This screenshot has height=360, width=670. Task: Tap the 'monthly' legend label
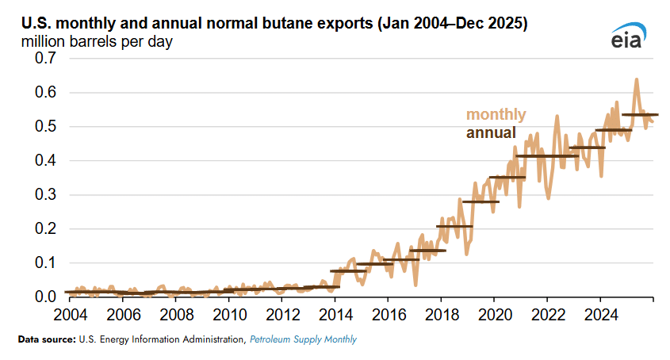pos(496,114)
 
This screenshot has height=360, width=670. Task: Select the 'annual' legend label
pos(491,133)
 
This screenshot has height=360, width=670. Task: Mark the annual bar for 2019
pos(480,202)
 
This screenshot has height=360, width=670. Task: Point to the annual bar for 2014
pos(348,271)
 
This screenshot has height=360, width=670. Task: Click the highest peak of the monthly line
pos(636,79)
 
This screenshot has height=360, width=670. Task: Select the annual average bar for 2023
pos(587,148)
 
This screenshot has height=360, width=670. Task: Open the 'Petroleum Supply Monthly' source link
pos(303,339)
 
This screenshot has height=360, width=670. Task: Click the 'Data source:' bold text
pos(46,339)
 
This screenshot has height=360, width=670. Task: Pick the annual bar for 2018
pos(454,227)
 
